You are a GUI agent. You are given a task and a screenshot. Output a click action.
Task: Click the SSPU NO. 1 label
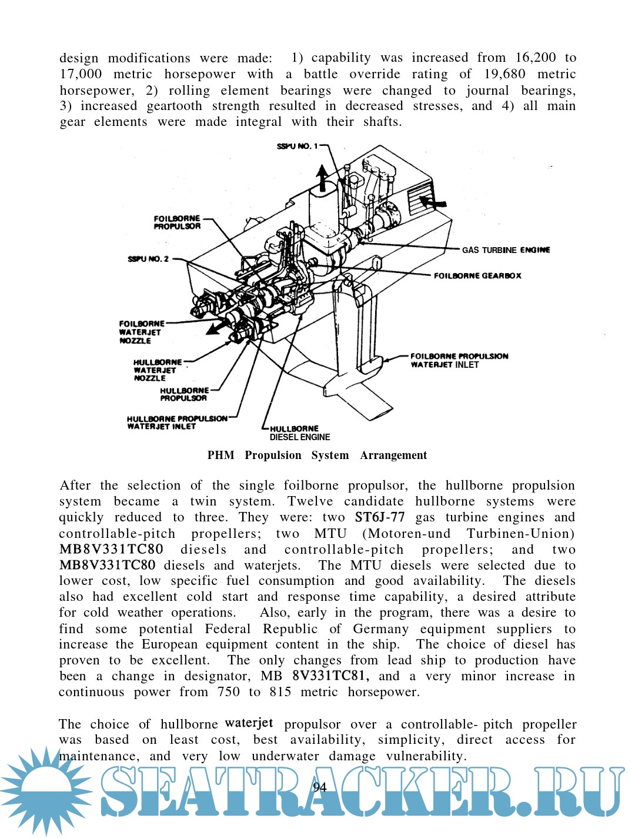click(297, 146)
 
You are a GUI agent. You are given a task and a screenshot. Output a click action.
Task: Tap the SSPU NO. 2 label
click(148, 259)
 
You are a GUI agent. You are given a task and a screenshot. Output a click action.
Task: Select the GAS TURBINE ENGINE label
click(506, 250)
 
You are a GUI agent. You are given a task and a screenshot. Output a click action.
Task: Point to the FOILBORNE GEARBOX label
click(477, 275)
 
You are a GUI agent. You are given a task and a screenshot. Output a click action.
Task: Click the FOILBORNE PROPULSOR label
click(177, 222)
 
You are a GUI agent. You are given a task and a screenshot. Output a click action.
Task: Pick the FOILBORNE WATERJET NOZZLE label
click(141, 332)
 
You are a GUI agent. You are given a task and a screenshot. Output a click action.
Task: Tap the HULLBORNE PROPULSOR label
click(184, 394)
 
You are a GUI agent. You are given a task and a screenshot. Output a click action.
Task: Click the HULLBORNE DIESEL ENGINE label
click(299, 433)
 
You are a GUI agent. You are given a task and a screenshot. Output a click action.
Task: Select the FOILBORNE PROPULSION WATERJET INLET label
click(459, 360)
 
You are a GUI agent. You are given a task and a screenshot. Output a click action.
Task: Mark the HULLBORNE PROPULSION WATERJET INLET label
click(176, 423)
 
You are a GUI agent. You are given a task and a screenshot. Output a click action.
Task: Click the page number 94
click(320, 787)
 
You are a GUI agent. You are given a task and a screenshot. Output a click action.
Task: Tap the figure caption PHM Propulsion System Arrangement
click(317, 455)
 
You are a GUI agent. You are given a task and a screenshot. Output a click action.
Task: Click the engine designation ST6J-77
click(380, 517)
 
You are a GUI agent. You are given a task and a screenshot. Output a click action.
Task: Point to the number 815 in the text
click(280, 692)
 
